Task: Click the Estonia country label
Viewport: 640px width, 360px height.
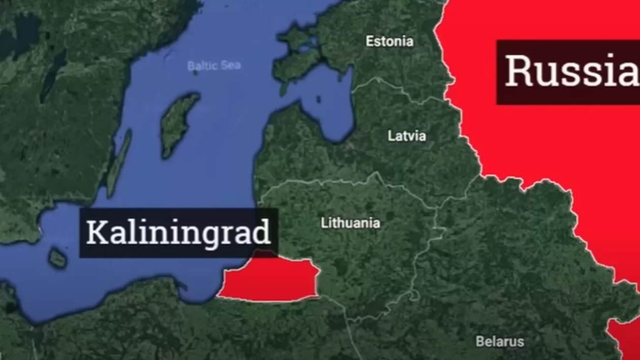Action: (x=390, y=41)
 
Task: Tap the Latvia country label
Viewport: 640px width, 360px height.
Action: (x=407, y=136)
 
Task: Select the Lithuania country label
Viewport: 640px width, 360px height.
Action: (x=350, y=223)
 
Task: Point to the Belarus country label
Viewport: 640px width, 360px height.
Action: (x=500, y=341)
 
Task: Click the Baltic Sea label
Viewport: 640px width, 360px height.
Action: (x=214, y=66)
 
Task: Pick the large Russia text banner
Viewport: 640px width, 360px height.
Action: (x=568, y=72)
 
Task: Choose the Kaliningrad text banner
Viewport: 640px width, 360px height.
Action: (x=178, y=233)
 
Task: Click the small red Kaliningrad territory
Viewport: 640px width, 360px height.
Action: (x=269, y=280)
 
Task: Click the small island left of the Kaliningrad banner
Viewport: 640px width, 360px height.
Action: (x=57, y=258)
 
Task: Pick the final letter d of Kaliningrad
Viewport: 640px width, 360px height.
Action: (x=262, y=233)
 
